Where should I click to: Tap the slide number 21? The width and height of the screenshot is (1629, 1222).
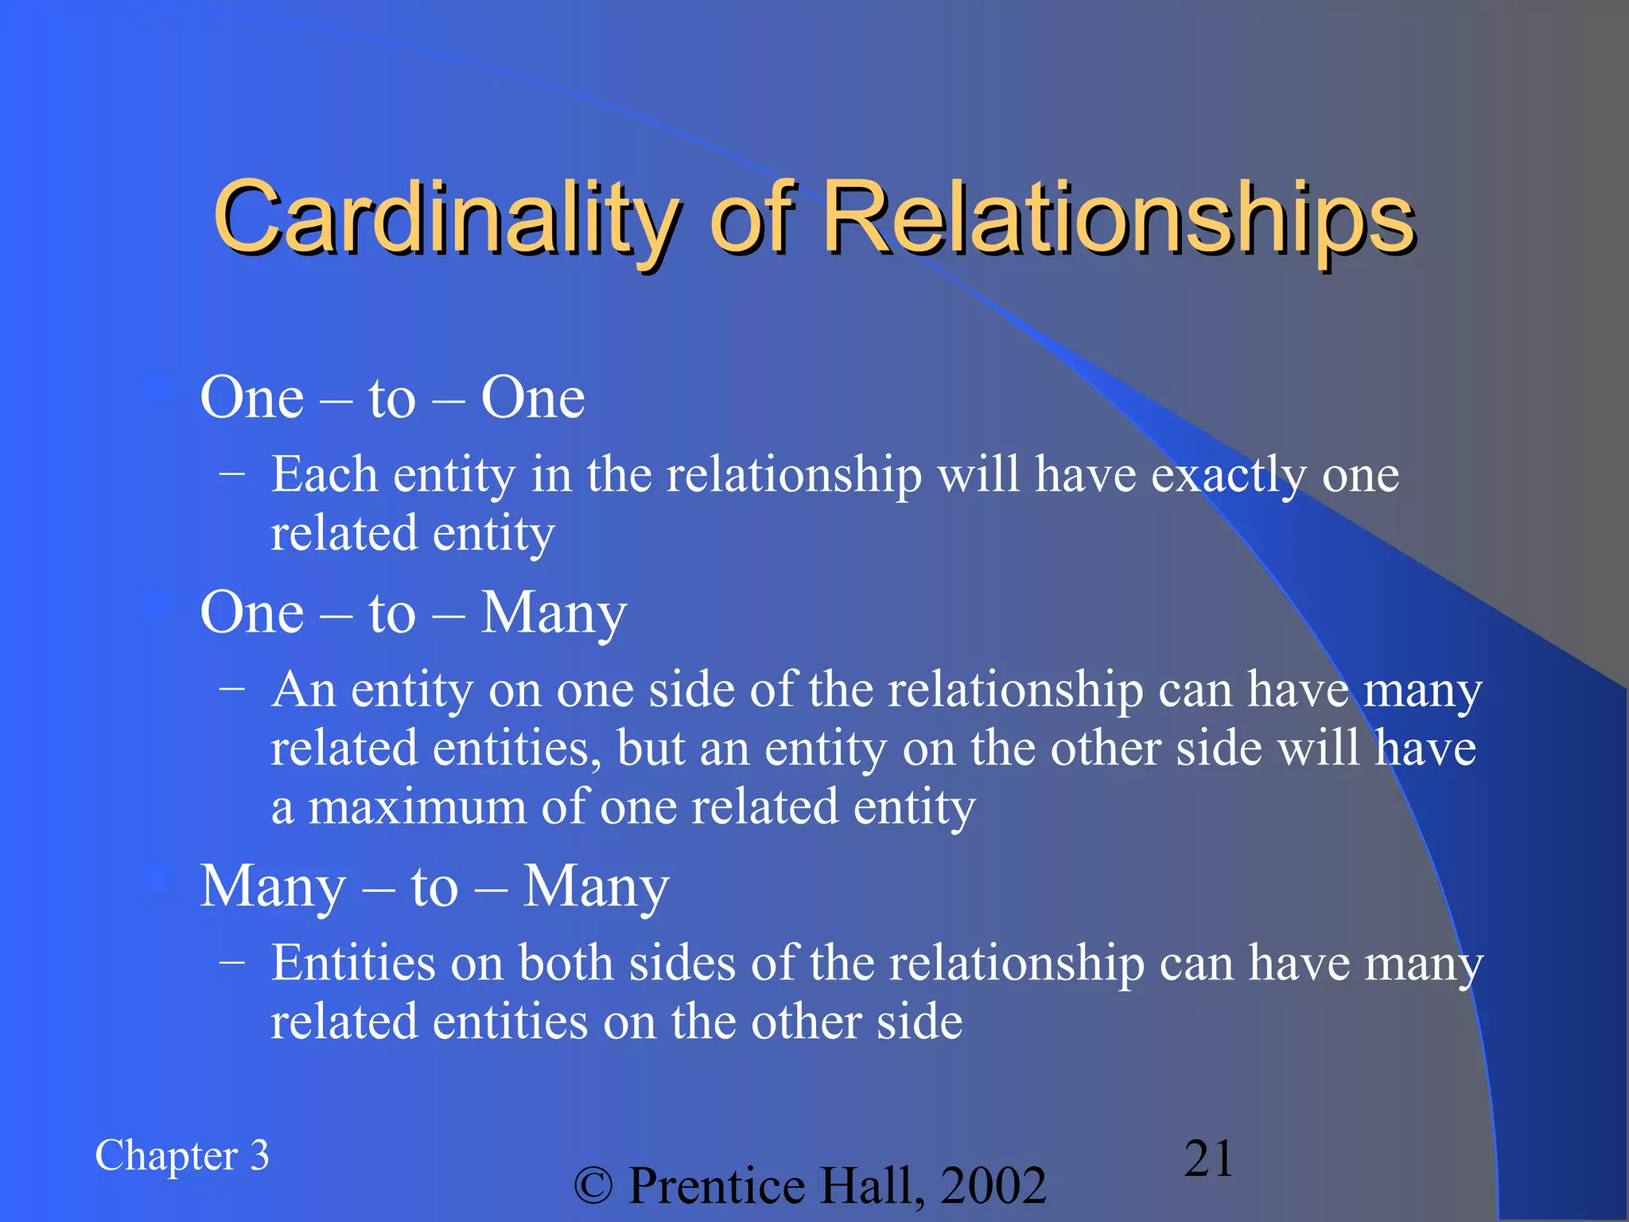pos(1208,1158)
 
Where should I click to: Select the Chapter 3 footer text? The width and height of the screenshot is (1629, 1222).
pos(182,1156)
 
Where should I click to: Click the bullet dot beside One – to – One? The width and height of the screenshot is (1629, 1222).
pos(160,391)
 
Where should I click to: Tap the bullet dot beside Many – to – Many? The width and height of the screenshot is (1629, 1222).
pos(160,878)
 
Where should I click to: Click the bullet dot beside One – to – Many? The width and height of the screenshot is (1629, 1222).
pos(160,605)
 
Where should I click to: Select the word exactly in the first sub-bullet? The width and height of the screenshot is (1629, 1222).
pos(1228,476)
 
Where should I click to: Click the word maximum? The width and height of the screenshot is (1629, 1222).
pos(417,808)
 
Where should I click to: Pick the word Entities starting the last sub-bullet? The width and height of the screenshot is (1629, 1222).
pos(353,963)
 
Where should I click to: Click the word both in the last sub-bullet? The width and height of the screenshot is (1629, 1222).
pos(566,963)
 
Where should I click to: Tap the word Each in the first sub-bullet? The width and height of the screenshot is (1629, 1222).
pos(324,475)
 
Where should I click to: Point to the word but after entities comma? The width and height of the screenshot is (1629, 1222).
pos(651,749)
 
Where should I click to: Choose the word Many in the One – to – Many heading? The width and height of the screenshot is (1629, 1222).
pos(554,613)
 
